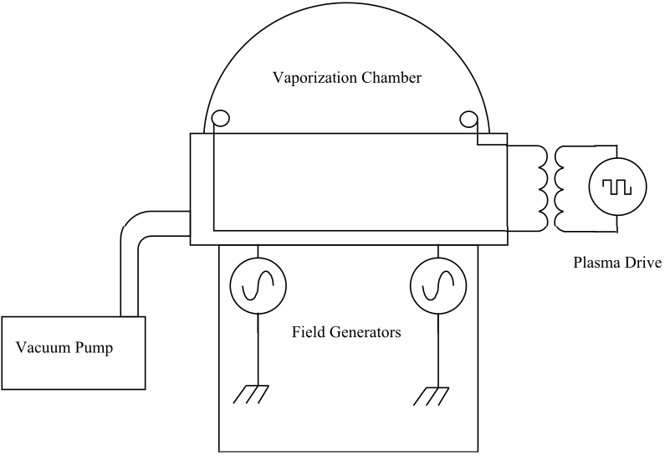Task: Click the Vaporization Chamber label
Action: (347, 79)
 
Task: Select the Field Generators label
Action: (346, 332)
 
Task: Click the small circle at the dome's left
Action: (220, 119)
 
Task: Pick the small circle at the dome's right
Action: (468, 119)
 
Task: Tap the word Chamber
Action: (390, 79)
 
